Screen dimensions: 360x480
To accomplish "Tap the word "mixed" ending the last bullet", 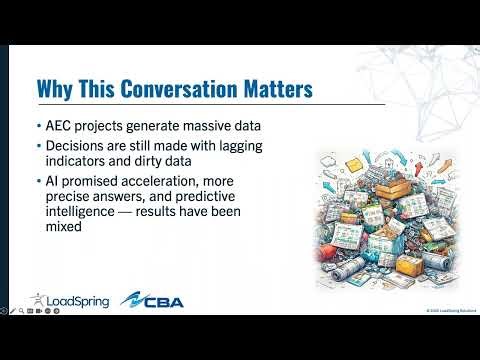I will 65,227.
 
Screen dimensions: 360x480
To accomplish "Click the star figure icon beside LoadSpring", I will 38,299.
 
